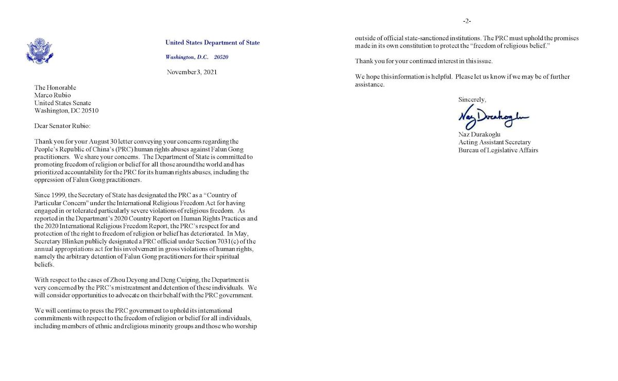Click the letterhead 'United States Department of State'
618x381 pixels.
212,43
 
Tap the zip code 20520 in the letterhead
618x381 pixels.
221,57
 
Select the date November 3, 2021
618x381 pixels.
192,72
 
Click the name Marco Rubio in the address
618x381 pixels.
53,95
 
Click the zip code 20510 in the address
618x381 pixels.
88,110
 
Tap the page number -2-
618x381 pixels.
467,21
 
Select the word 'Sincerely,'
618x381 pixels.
472,99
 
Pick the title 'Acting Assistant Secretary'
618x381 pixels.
494,143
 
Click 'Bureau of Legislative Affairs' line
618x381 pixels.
498,150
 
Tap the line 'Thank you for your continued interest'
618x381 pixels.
424,61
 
